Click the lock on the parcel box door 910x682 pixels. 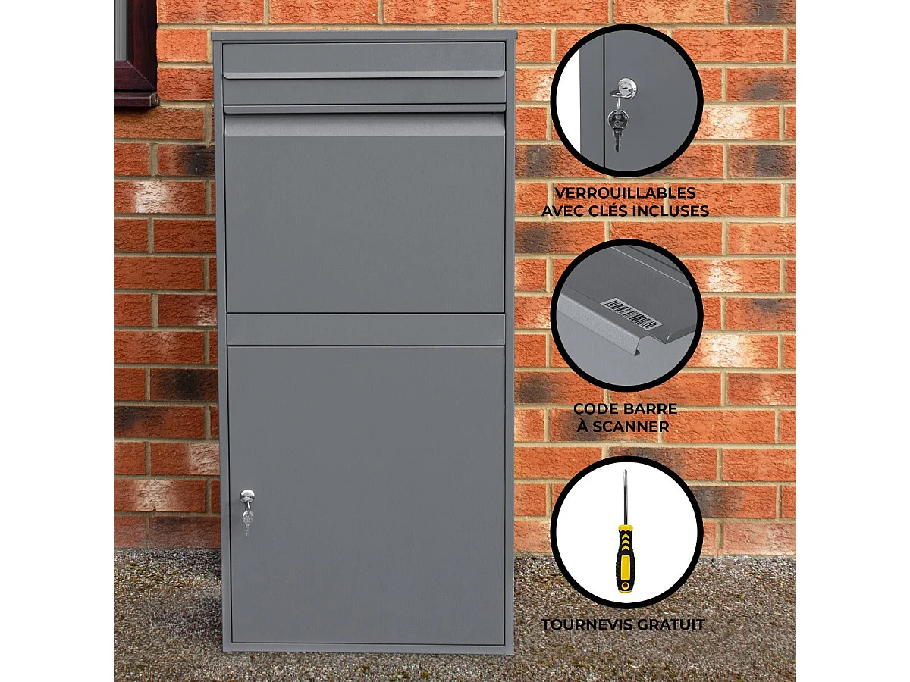coord(247,496)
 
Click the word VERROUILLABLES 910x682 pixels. coord(625,193)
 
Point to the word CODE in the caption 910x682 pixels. coord(596,409)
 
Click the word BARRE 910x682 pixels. coord(652,409)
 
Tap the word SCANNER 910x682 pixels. coord(632,427)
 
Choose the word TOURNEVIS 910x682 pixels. coord(587,625)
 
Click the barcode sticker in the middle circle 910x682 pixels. coord(631,313)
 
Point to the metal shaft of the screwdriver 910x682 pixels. coord(626,496)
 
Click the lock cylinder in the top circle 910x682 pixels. coord(626,89)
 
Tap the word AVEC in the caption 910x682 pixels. coord(566,211)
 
